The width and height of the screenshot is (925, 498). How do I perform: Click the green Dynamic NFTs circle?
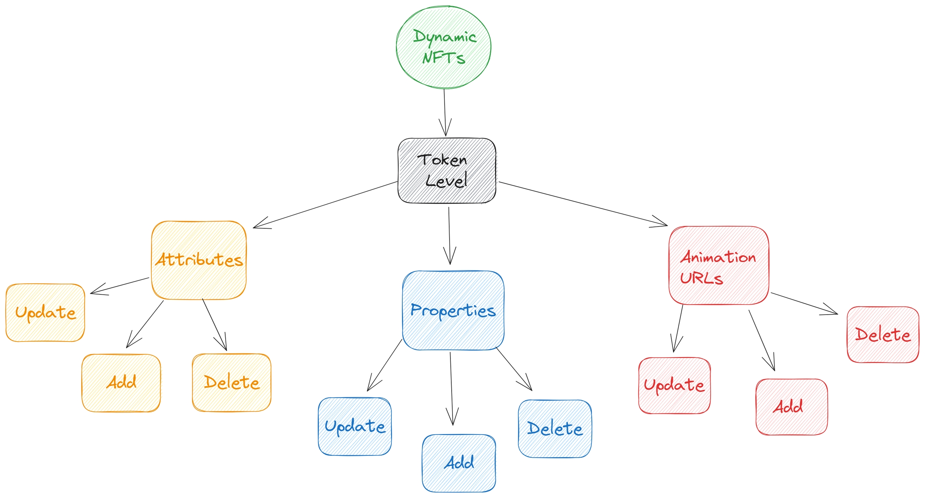coord(443,47)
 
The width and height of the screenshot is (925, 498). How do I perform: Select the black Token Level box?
coord(446,171)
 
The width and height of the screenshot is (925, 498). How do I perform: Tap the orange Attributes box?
coord(199,260)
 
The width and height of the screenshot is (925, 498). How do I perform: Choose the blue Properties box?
coord(453,310)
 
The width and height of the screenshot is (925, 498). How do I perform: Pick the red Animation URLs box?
coord(718,265)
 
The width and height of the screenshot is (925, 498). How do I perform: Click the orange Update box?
coord(45,313)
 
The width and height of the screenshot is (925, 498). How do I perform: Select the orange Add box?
coord(121,383)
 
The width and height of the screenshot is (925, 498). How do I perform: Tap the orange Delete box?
coord(231,382)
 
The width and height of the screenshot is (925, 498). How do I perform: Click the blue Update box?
coord(355,426)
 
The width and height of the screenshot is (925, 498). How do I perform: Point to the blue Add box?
coord(458,463)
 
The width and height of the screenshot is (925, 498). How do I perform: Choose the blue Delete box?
coord(554,429)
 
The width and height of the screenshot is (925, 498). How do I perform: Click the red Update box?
coord(674,385)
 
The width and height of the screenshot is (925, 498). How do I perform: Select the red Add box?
coord(791,407)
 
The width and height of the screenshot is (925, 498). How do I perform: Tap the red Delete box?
coord(882,335)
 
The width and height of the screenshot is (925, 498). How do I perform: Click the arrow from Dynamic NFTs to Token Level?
coord(445,112)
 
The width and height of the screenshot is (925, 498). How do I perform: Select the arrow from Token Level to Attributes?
coord(325,205)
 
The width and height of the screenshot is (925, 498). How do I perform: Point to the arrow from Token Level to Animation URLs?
coord(582,204)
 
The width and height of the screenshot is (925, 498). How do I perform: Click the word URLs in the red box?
coord(701,278)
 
